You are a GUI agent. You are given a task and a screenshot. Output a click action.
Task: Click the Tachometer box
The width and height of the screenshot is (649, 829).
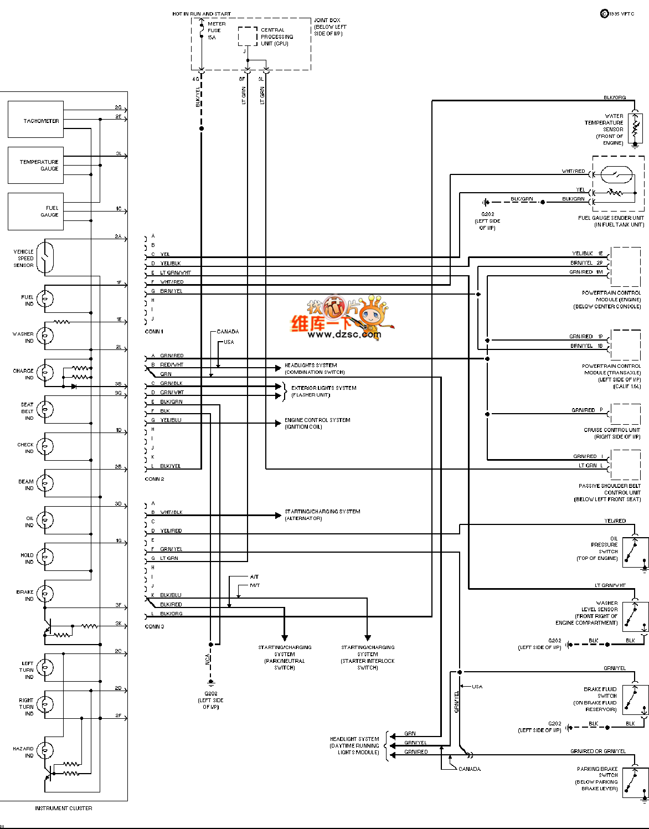[x=35, y=120]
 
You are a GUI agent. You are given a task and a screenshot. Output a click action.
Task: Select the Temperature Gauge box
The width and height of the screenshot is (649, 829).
[x=35, y=165]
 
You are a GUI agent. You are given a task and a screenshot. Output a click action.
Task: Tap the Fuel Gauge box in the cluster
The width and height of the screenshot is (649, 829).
[x=35, y=211]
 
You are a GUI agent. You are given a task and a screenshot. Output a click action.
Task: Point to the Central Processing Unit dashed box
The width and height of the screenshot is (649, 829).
[x=248, y=36]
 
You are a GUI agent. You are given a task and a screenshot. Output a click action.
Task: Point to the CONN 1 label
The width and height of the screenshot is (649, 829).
[x=154, y=331]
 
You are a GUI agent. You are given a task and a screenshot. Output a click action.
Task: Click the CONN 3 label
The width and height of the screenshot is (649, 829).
[x=154, y=626]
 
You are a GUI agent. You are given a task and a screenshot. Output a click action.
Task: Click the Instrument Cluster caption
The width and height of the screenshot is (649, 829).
[x=64, y=808]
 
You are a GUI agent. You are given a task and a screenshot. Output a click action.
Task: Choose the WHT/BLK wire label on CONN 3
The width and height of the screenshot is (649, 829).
[x=171, y=512]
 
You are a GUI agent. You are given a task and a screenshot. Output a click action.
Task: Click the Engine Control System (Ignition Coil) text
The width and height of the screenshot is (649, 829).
[x=317, y=423]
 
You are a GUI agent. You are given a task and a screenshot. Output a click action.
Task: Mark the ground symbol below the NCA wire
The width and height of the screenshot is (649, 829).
[x=210, y=683]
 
